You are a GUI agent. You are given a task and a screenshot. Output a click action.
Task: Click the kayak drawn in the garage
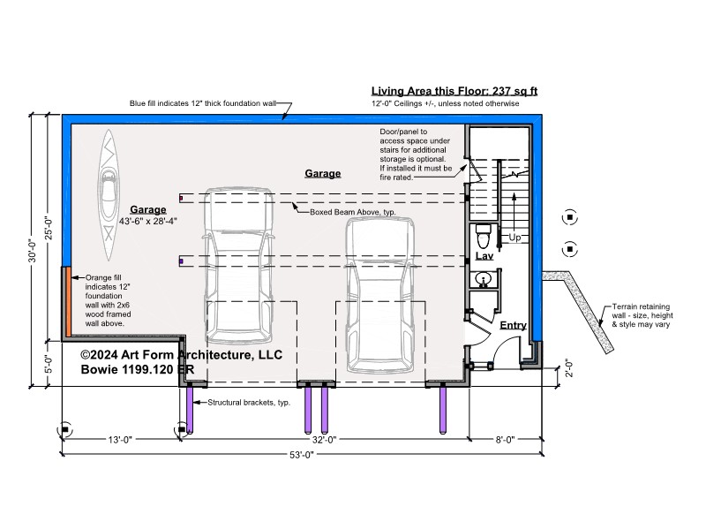pos(109,195)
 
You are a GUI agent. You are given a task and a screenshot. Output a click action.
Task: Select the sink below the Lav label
pos(483,280)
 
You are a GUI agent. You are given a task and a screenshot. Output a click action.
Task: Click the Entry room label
pos(514,325)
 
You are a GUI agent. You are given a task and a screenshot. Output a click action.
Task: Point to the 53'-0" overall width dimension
pos(301,455)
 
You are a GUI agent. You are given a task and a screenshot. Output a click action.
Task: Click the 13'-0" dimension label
pos(120,440)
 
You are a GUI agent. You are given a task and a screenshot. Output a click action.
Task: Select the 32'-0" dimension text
pos(325,440)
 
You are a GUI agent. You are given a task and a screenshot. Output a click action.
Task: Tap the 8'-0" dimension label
pos(505,440)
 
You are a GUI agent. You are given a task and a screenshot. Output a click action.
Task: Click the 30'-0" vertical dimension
pos(33,250)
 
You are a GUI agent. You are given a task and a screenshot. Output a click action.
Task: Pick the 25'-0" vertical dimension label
pos(49,228)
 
